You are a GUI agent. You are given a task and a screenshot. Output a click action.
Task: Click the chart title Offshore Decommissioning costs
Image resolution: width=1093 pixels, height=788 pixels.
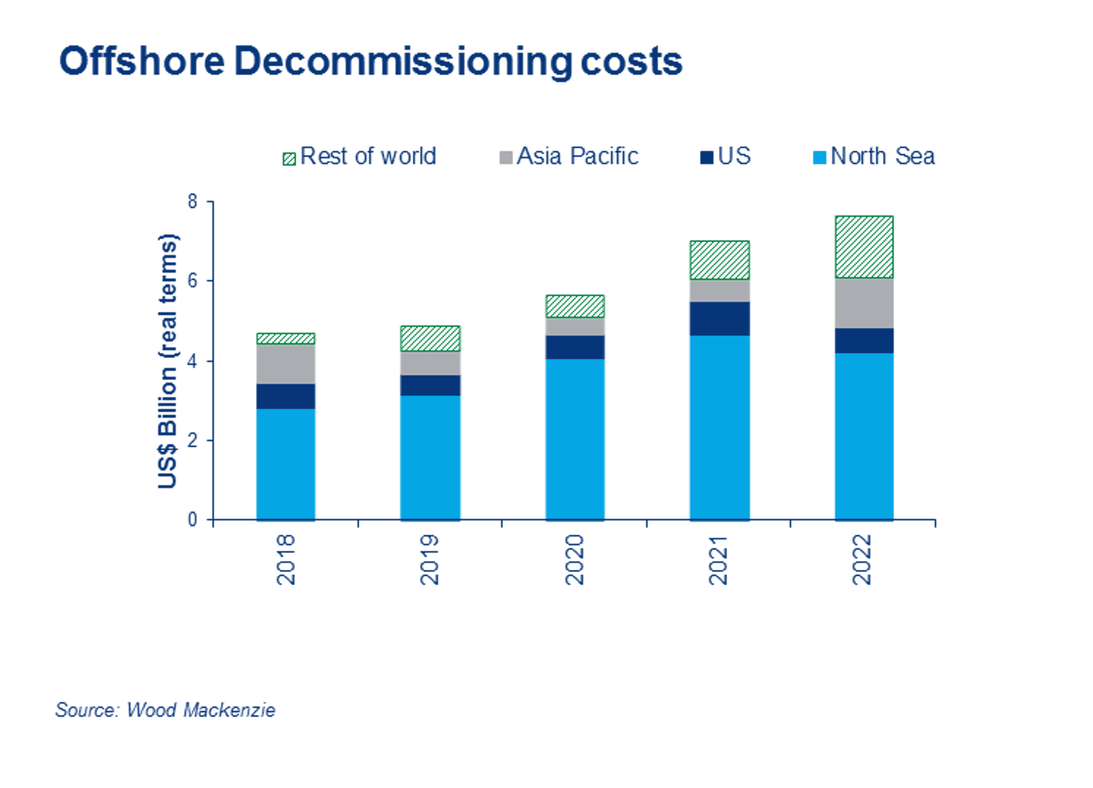(370, 61)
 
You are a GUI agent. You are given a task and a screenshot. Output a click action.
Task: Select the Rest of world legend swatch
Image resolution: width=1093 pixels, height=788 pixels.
(289, 158)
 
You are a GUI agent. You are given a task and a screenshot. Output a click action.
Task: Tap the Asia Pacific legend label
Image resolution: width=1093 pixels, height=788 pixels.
(577, 157)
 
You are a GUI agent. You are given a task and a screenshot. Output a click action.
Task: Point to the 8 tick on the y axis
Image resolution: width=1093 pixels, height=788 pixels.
(192, 202)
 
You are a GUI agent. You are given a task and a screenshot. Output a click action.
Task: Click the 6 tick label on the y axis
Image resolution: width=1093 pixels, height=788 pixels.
(192, 281)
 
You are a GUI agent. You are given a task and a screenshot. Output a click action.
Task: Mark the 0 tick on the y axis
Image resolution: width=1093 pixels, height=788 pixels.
(192, 520)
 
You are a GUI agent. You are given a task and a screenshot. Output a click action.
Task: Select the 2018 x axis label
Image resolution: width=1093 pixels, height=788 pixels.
(285, 559)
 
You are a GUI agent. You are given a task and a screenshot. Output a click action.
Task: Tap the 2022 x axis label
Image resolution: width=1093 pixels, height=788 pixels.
(862, 559)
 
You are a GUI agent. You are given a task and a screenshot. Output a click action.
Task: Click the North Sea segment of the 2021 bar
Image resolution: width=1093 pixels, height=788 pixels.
(720, 427)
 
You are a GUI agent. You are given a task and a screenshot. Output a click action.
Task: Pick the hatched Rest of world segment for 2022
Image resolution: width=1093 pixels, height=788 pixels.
(864, 247)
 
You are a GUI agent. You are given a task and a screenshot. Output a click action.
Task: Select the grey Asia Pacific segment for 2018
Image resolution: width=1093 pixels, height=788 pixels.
(285, 364)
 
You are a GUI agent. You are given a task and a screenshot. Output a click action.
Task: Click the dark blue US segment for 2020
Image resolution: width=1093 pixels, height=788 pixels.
(575, 347)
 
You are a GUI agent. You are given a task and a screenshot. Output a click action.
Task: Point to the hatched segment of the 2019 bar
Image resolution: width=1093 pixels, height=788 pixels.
(430, 339)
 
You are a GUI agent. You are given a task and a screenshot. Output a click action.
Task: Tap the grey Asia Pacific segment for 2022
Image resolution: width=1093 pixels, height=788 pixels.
(864, 304)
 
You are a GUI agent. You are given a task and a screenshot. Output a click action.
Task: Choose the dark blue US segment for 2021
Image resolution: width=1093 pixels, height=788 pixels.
(720, 319)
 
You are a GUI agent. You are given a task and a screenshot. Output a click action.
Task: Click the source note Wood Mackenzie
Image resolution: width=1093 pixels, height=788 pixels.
(165, 710)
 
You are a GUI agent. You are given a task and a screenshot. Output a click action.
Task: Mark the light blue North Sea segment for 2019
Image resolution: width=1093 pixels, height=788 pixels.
(430, 458)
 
